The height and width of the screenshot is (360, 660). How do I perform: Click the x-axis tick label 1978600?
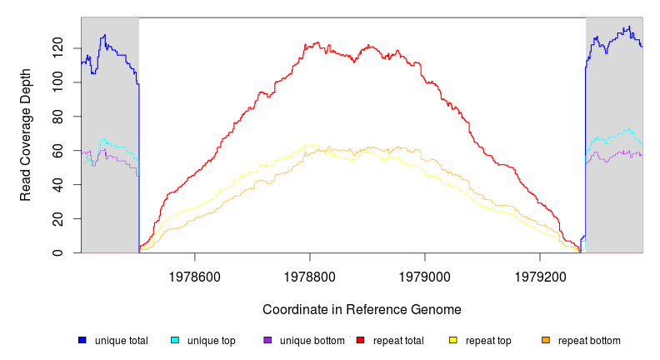pyautogui.click(x=195, y=275)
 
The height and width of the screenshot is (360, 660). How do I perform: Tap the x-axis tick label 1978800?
pyautogui.click(x=310, y=275)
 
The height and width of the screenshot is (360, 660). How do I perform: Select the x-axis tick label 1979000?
pyautogui.click(x=425, y=275)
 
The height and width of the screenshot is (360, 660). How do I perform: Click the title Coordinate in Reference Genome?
pyautogui.click(x=362, y=309)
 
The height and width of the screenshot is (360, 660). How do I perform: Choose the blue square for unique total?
pyautogui.click(x=82, y=340)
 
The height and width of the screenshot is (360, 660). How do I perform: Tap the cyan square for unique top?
pyautogui.click(x=175, y=340)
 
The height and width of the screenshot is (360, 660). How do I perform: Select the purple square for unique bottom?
pyautogui.click(x=267, y=340)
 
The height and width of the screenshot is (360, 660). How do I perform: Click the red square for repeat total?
pyautogui.click(x=361, y=340)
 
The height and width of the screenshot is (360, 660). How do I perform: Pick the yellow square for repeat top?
pyautogui.click(x=453, y=340)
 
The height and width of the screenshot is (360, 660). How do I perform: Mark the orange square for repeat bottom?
pyautogui.click(x=546, y=340)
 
